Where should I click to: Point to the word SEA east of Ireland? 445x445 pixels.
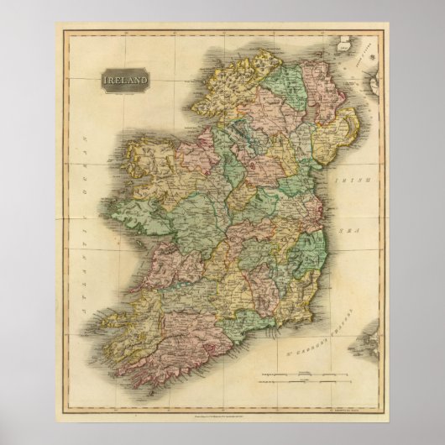pyautogui.click(x=350, y=214)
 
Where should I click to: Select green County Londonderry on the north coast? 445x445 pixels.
pyautogui.click(x=290, y=89)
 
